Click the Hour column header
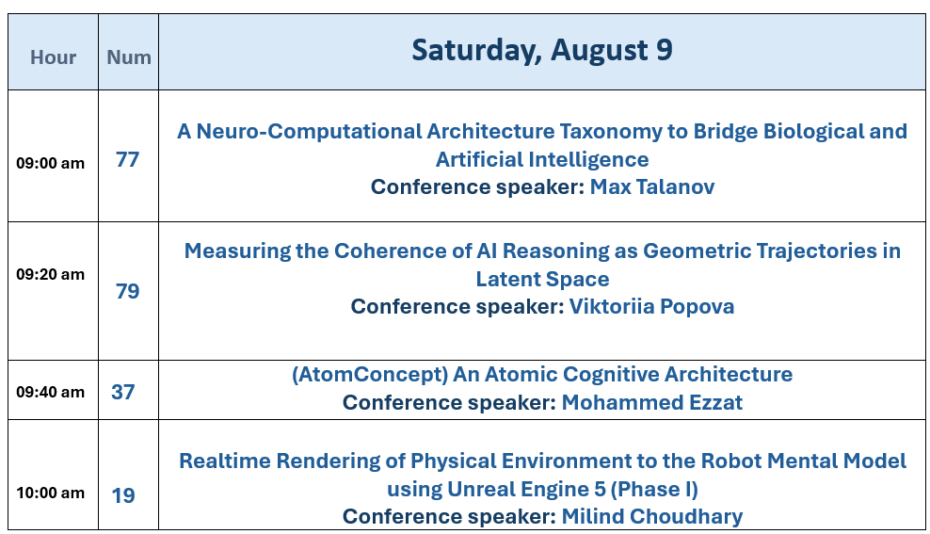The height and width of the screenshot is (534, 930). (x=54, y=57)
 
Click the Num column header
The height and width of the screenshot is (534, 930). (x=129, y=57)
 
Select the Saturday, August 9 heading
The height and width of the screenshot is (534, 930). (x=542, y=50)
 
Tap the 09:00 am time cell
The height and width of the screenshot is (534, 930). (x=51, y=163)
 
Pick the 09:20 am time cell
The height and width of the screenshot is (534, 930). (x=51, y=274)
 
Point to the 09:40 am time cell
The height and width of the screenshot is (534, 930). (x=51, y=392)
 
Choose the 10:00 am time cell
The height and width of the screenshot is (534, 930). (x=51, y=493)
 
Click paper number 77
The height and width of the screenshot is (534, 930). (x=127, y=159)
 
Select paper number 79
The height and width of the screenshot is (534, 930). (x=127, y=291)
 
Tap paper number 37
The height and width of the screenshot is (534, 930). (x=122, y=392)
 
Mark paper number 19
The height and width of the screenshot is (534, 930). (x=123, y=495)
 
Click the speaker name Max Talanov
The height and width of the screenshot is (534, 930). (x=652, y=186)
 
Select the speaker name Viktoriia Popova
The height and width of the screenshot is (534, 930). (x=651, y=307)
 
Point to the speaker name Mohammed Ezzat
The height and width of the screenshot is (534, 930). (x=651, y=402)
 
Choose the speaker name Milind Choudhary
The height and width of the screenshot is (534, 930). (x=651, y=516)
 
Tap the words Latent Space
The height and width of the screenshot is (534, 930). (x=543, y=279)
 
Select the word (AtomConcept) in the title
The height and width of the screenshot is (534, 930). (x=370, y=375)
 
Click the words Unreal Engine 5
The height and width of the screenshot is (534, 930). (x=526, y=490)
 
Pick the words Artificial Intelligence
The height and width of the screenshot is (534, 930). (x=543, y=159)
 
